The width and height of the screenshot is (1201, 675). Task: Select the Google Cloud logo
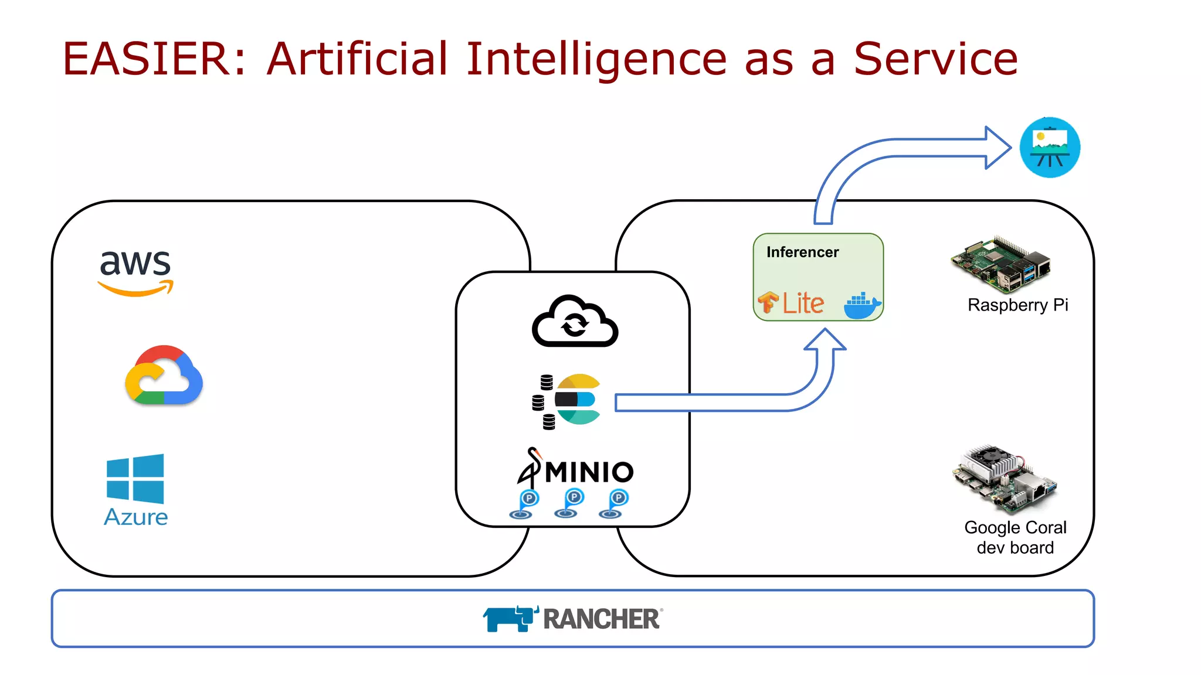pos(164,376)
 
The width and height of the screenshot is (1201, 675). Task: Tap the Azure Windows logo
pos(135,479)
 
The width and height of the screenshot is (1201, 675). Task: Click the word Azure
pos(135,517)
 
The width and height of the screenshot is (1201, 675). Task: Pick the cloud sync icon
pos(575,322)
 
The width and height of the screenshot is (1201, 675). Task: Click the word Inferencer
pos(802,252)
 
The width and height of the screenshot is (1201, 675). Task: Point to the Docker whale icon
pos(861,305)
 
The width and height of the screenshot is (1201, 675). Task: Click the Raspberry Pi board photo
pos(1000,264)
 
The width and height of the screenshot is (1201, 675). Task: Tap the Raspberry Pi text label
pos(1017,305)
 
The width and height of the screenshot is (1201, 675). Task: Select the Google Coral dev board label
pos(1015,537)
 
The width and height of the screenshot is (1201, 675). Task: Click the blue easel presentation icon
pos(1050,148)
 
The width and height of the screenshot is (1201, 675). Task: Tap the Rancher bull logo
pos(509,619)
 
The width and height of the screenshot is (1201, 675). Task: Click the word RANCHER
pos(602,619)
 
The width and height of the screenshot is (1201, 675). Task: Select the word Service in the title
pos(935,59)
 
